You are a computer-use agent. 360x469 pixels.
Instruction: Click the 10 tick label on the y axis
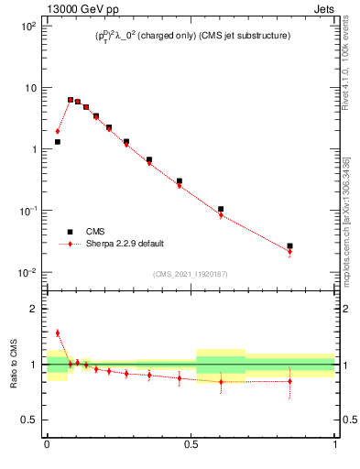point(29,88)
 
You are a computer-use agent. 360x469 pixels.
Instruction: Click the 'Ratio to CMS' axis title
point(14,365)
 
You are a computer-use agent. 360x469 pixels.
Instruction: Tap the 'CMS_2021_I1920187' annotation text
point(191,274)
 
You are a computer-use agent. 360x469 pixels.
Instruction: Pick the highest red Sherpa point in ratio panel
point(57,333)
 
